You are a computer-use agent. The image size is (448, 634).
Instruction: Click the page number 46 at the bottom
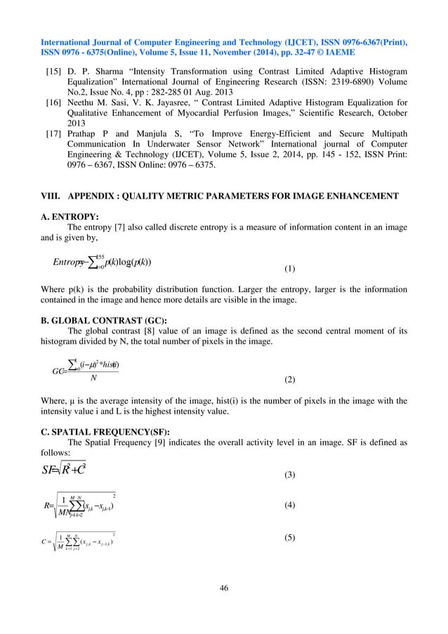coord(224,588)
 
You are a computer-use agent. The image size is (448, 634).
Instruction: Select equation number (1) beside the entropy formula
coord(289,268)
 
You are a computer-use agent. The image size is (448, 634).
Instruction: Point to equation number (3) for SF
coord(289,475)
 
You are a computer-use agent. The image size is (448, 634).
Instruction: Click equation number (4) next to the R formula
coord(289,505)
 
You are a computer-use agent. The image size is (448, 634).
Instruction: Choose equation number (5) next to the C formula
coord(289,539)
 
